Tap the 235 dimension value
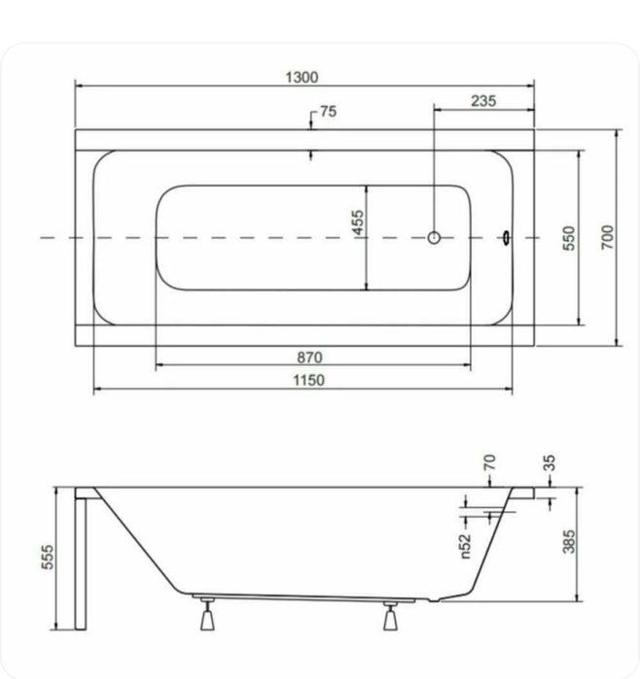click(x=483, y=100)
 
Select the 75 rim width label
click(x=327, y=113)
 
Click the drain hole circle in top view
click(x=435, y=237)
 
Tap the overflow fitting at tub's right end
click(x=506, y=237)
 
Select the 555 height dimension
click(x=48, y=558)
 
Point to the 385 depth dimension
click(x=569, y=541)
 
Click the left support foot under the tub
click(x=206, y=616)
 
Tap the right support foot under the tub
click(x=391, y=616)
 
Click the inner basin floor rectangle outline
click(x=156, y=238)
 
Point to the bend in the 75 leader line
click(x=311, y=114)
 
